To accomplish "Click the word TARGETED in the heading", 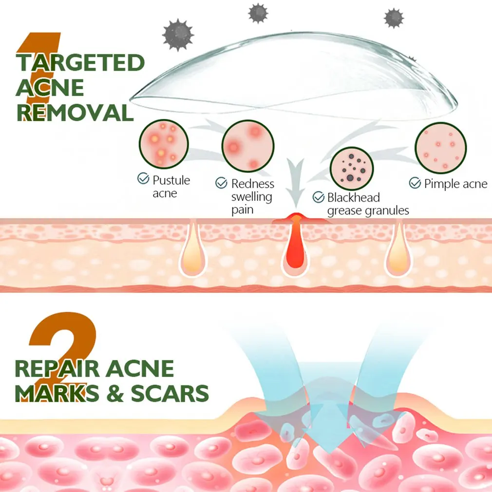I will (80, 63).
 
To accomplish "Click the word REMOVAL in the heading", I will (75, 112).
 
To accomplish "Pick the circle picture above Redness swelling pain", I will (248, 145).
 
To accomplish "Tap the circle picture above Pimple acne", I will (440, 148).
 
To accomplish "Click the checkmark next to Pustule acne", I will (143, 179).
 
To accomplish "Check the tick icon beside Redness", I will (222, 183).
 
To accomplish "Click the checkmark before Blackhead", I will (319, 197).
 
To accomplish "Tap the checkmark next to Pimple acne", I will (415, 183).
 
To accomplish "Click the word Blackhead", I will (354, 198).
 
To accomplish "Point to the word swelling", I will (251, 197).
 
